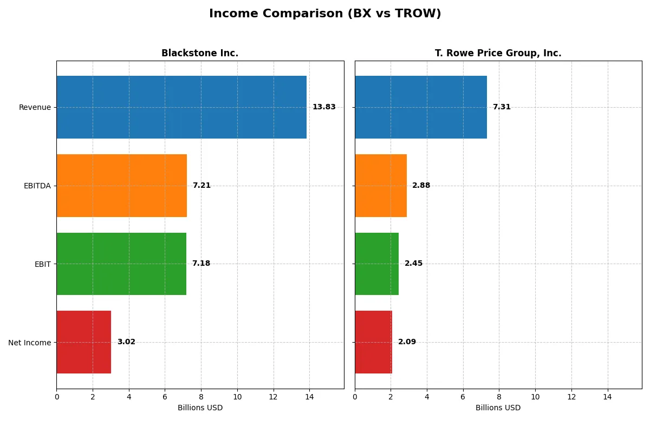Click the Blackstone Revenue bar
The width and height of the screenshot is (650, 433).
tap(181, 107)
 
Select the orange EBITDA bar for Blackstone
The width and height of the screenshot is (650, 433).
tap(121, 186)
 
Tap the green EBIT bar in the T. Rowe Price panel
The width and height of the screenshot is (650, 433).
tap(376, 264)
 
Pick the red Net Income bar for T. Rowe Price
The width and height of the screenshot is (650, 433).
tap(373, 342)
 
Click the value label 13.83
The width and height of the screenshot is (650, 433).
tap(324, 107)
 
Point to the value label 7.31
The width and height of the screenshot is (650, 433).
tap(502, 107)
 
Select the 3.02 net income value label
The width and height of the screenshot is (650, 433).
tap(126, 342)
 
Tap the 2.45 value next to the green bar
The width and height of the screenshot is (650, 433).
tap(413, 264)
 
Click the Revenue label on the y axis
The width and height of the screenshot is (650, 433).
tap(35, 107)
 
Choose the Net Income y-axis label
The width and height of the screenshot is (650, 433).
tap(30, 343)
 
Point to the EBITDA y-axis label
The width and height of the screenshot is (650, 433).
tap(37, 186)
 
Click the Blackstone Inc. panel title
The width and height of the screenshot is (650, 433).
tap(200, 54)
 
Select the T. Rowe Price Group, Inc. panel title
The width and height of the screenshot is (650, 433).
tap(498, 54)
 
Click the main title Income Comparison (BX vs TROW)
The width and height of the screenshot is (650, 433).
tap(325, 14)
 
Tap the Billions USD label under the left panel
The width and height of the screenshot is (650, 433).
tap(200, 408)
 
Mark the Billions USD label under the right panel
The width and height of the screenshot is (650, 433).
tap(498, 408)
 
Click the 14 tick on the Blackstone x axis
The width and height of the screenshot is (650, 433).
tap(309, 397)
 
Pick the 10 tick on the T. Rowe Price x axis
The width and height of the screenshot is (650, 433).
tap(535, 397)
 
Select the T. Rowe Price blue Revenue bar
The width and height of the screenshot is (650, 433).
tap(421, 107)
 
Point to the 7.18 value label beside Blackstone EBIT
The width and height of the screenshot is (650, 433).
tap(201, 264)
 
